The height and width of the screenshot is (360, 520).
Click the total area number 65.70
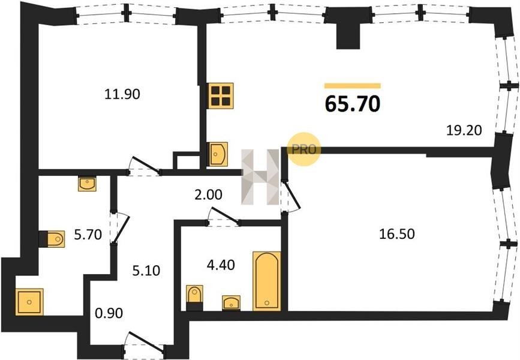click(x=353, y=104)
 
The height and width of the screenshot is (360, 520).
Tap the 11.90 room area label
click(x=122, y=95)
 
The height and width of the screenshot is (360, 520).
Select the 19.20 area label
click(x=464, y=130)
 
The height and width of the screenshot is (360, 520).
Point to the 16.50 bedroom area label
click(x=397, y=234)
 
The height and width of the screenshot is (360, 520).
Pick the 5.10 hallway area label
click(x=146, y=271)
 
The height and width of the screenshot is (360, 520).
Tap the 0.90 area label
click(x=109, y=313)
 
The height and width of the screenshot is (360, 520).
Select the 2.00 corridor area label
click(x=208, y=195)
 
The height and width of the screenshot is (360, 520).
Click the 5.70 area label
click(x=88, y=235)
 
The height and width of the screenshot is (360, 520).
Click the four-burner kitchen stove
click(x=221, y=95)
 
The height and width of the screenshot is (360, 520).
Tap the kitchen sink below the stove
click(x=217, y=154)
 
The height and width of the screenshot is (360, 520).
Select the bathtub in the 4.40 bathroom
click(x=267, y=281)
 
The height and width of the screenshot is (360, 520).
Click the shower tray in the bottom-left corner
click(x=29, y=302)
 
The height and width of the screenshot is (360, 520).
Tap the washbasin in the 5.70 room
click(x=87, y=184)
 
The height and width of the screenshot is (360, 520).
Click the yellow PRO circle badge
click(x=303, y=149)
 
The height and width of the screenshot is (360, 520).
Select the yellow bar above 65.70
click(x=353, y=86)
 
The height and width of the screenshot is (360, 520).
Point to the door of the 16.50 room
click(x=289, y=196)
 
